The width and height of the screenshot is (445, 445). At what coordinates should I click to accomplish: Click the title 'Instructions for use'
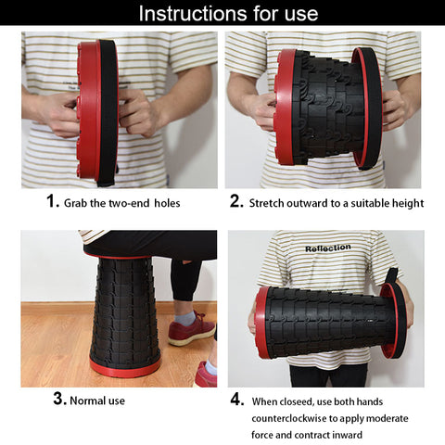tap(228, 13)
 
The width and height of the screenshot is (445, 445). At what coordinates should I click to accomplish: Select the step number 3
tap(58, 400)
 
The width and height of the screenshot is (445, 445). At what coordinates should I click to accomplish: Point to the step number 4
tap(236, 400)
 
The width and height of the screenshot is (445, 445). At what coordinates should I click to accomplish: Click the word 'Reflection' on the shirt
tap(327, 248)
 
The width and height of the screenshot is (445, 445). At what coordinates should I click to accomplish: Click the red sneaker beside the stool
tap(191, 329)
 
